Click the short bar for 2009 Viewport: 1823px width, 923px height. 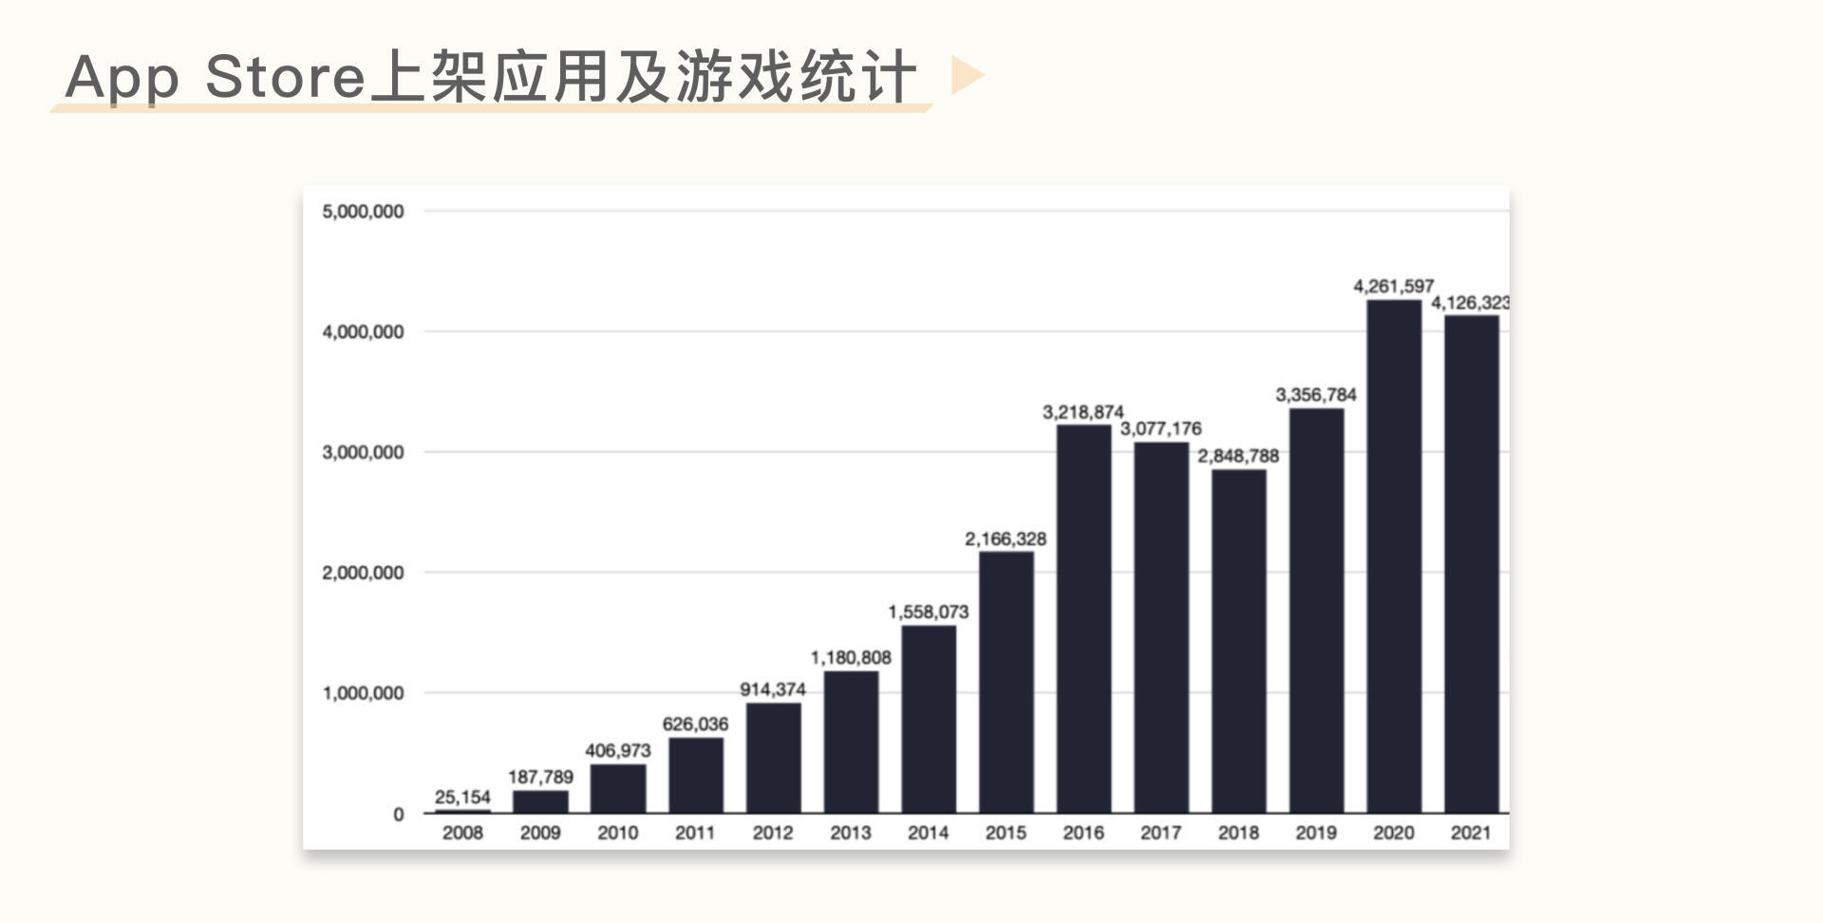click(540, 801)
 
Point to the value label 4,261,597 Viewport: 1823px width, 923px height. click(1393, 286)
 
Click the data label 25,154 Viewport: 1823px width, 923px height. click(462, 798)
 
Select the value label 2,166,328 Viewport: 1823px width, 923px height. click(1005, 539)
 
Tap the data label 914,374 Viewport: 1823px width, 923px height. click(773, 689)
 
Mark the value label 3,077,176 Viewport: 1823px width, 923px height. click(1160, 429)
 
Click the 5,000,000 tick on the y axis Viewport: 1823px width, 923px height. click(363, 212)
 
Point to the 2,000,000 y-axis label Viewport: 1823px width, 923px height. click(363, 573)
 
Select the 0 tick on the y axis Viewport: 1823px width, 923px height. click(398, 815)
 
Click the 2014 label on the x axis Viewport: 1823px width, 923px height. click(928, 833)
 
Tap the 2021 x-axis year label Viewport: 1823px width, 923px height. click(1471, 833)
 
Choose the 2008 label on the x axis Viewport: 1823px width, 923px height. click(462, 833)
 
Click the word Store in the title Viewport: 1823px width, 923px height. click(285, 76)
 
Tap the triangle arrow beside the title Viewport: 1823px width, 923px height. click(966, 75)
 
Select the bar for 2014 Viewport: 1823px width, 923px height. click(929, 719)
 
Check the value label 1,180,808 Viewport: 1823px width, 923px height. click(851, 658)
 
